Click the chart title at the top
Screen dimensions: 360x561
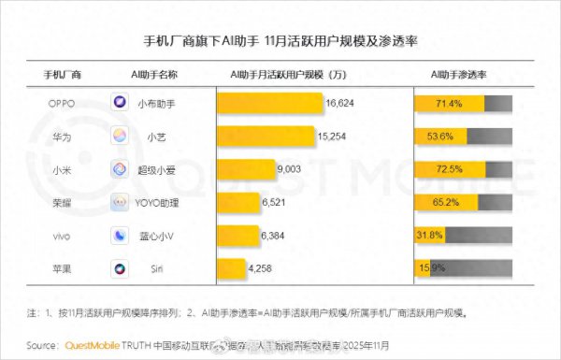(280, 42)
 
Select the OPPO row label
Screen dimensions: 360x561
(61, 103)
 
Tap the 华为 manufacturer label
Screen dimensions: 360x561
(61, 137)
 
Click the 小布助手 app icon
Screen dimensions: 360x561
(121, 103)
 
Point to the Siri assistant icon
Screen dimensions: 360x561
(121, 269)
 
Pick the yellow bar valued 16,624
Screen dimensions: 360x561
(270, 103)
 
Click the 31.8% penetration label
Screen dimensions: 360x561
(429, 236)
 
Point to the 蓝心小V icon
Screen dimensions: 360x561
(121, 236)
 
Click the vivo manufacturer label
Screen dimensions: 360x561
(61, 236)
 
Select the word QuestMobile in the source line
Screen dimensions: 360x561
(96, 344)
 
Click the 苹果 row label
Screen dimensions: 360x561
(61, 269)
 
